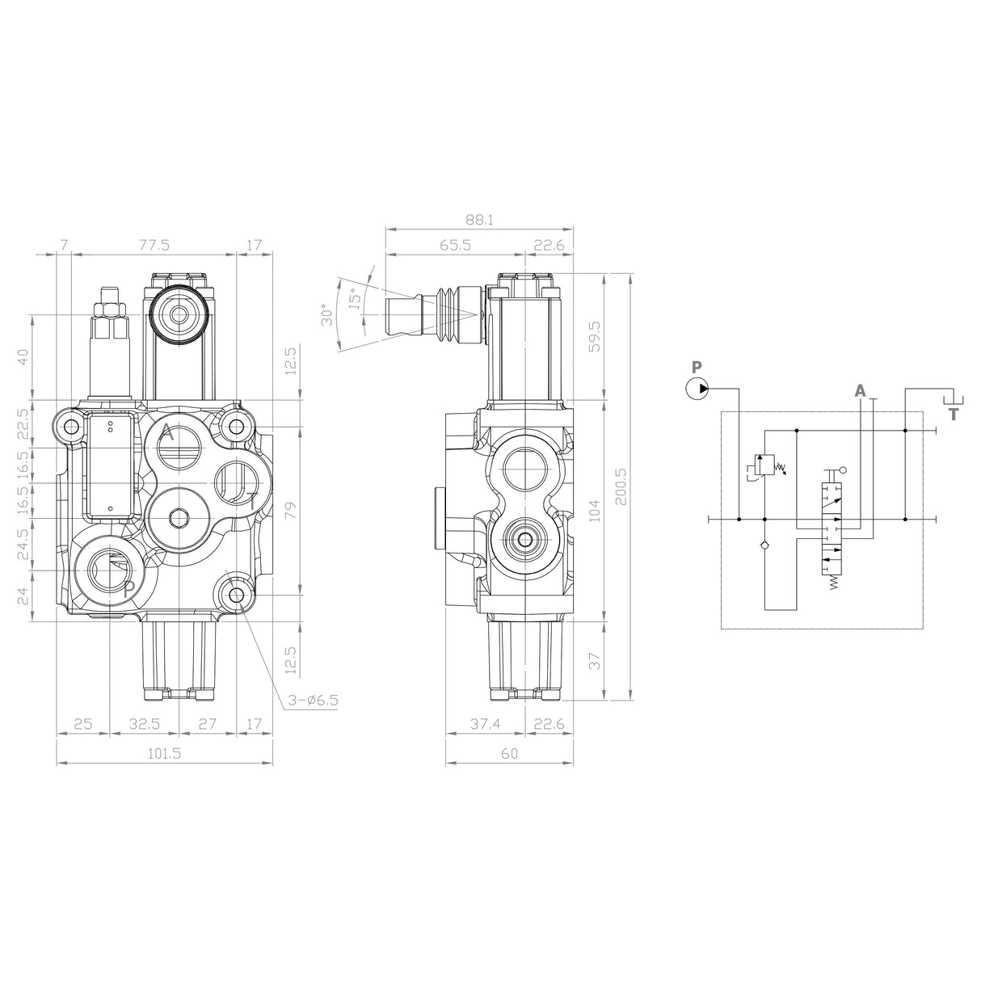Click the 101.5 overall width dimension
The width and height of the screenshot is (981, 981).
[164, 753]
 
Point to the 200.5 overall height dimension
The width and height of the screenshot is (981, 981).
[621, 487]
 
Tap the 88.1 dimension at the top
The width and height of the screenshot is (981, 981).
[480, 220]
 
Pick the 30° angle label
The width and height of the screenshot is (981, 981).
[326, 314]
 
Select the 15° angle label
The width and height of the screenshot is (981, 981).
[353, 300]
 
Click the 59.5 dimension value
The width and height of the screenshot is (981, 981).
[594, 336]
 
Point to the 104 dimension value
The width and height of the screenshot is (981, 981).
[594, 510]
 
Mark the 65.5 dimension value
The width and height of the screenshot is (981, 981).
[456, 246]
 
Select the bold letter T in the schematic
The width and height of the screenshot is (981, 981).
[954, 415]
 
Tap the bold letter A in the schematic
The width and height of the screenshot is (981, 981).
[860, 391]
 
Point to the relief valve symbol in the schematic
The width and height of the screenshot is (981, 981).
[764, 466]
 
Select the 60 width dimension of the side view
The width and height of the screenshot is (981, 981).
[509, 753]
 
